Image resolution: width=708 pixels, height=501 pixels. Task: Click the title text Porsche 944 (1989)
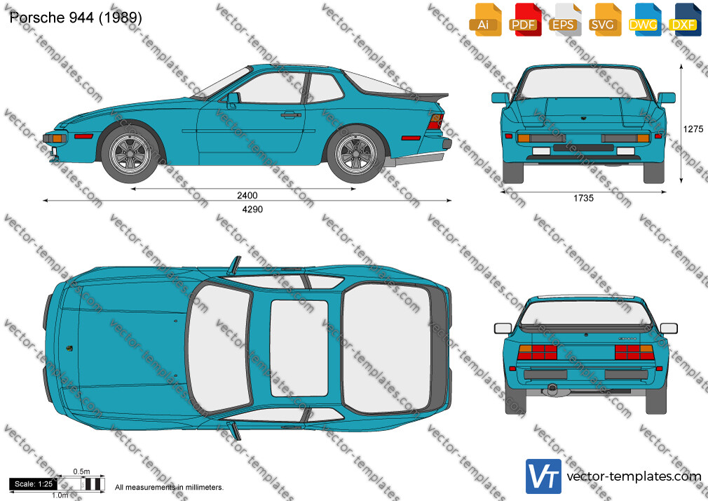(x=76, y=18)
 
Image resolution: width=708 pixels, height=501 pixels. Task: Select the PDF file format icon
(x=524, y=20)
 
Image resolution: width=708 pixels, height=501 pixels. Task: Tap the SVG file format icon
(x=604, y=20)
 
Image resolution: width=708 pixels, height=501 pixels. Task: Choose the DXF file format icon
(x=684, y=20)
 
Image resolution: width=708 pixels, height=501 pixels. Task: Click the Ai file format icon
(x=484, y=20)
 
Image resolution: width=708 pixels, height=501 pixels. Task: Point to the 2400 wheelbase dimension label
(x=247, y=195)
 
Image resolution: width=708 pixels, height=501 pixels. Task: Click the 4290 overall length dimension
(x=252, y=209)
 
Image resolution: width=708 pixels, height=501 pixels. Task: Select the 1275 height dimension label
(x=693, y=129)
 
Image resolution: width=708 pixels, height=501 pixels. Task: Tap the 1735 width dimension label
(x=583, y=198)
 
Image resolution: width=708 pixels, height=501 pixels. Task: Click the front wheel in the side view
(x=130, y=154)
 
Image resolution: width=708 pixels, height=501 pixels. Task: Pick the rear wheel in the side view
(x=356, y=154)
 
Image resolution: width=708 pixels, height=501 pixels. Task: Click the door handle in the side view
(x=291, y=115)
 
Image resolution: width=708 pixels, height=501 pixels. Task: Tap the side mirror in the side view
(x=233, y=100)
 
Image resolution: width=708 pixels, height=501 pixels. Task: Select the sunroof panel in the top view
(x=299, y=348)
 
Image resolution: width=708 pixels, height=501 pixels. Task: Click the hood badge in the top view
(x=69, y=348)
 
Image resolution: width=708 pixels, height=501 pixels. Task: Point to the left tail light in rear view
(x=537, y=352)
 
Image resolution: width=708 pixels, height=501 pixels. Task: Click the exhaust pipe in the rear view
(x=551, y=388)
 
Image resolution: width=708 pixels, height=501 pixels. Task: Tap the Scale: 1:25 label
(x=34, y=484)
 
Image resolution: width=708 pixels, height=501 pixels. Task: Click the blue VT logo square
(x=544, y=476)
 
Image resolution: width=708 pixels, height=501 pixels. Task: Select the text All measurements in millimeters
(x=169, y=488)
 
